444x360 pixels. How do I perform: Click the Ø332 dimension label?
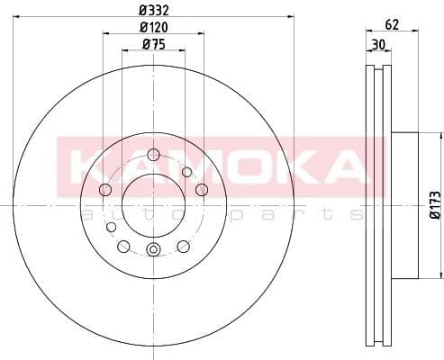point(153,8)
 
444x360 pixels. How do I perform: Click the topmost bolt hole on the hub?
point(153,153)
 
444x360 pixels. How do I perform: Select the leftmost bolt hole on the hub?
point(104,189)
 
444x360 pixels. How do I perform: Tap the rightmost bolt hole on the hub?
point(202,188)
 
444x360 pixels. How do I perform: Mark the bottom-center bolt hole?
point(153,249)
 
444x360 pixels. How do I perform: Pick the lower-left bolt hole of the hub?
point(123,246)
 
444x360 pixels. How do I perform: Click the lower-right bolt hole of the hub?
point(183,246)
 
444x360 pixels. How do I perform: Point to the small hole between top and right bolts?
point(187,172)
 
